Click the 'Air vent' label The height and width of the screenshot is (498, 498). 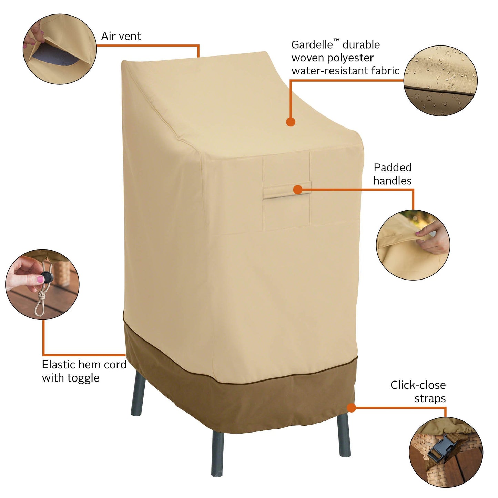[121, 36]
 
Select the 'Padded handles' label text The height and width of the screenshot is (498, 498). [393, 174]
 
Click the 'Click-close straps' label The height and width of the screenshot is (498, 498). [418, 392]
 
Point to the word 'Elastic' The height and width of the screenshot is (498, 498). [58, 365]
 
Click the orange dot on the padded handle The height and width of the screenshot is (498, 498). [298, 189]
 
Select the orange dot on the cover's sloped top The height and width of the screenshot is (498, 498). [291, 122]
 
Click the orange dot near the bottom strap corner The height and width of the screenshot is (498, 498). [351, 408]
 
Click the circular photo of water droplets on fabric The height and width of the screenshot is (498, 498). [440, 81]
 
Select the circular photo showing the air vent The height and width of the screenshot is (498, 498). [60, 49]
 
